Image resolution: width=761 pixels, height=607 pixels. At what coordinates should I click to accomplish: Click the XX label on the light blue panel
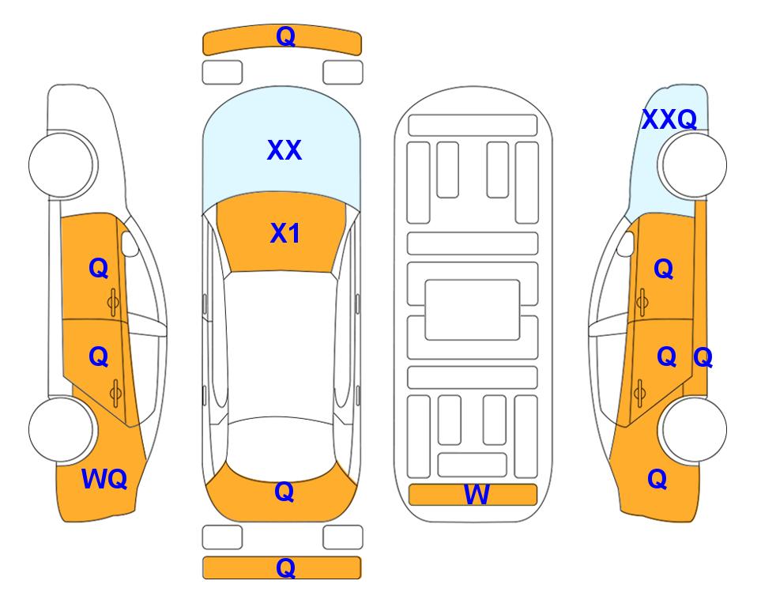click(x=284, y=150)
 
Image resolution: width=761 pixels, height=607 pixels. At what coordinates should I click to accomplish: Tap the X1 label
click(x=285, y=233)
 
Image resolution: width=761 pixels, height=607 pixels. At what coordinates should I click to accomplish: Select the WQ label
click(x=104, y=479)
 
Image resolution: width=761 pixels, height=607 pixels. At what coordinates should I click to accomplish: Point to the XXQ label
click(x=669, y=119)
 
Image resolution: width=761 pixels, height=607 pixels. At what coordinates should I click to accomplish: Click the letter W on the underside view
click(x=477, y=495)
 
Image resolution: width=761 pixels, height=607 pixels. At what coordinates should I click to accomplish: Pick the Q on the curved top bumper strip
click(x=285, y=36)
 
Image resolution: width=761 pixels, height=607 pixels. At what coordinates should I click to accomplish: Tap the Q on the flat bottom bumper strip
click(x=285, y=567)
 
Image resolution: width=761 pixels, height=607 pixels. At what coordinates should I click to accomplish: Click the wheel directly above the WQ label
click(x=62, y=430)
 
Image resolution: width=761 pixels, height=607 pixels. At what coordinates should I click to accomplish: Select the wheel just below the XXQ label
click(x=692, y=165)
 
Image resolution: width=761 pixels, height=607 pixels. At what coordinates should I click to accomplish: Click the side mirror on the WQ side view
click(x=130, y=243)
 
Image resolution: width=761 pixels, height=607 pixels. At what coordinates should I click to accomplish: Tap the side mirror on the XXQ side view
click(x=626, y=243)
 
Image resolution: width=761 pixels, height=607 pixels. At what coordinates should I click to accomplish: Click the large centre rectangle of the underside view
click(x=473, y=310)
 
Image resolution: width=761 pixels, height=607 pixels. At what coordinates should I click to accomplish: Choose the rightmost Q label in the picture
click(x=703, y=358)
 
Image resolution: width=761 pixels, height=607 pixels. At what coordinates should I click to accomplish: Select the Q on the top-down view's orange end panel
click(x=284, y=492)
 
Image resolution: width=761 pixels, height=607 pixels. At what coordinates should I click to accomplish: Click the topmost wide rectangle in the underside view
click(x=473, y=126)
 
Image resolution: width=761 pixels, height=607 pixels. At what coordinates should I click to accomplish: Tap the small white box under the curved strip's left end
click(x=222, y=73)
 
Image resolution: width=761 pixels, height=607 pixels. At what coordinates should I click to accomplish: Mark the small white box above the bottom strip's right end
click(x=343, y=537)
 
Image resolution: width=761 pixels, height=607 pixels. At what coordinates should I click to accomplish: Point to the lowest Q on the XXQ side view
click(x=657, y=479)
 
